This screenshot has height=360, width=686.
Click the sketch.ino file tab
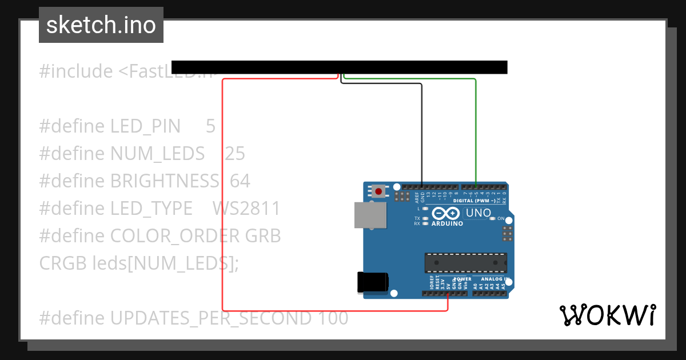[101, 25]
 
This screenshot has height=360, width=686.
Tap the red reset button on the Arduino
[378, 191]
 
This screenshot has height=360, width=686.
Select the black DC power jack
[372, 282]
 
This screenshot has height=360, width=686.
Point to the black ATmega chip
[465, 262]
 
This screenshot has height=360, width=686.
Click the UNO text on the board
[478, 213]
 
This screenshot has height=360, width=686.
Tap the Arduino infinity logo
[446, 214]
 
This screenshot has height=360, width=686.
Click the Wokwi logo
[607, 315]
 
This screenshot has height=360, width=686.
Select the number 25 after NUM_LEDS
[234, 154]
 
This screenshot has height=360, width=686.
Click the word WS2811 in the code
[246, 209]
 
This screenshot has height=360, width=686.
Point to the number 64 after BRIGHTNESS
[240, 181]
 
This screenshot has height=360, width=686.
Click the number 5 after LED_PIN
[210, 126]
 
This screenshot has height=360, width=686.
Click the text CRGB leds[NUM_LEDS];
[138, 263]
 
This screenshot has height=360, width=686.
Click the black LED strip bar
[339, 67]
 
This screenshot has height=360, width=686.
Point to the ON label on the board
[500, 219]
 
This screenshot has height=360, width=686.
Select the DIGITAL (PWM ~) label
[474, 201]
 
